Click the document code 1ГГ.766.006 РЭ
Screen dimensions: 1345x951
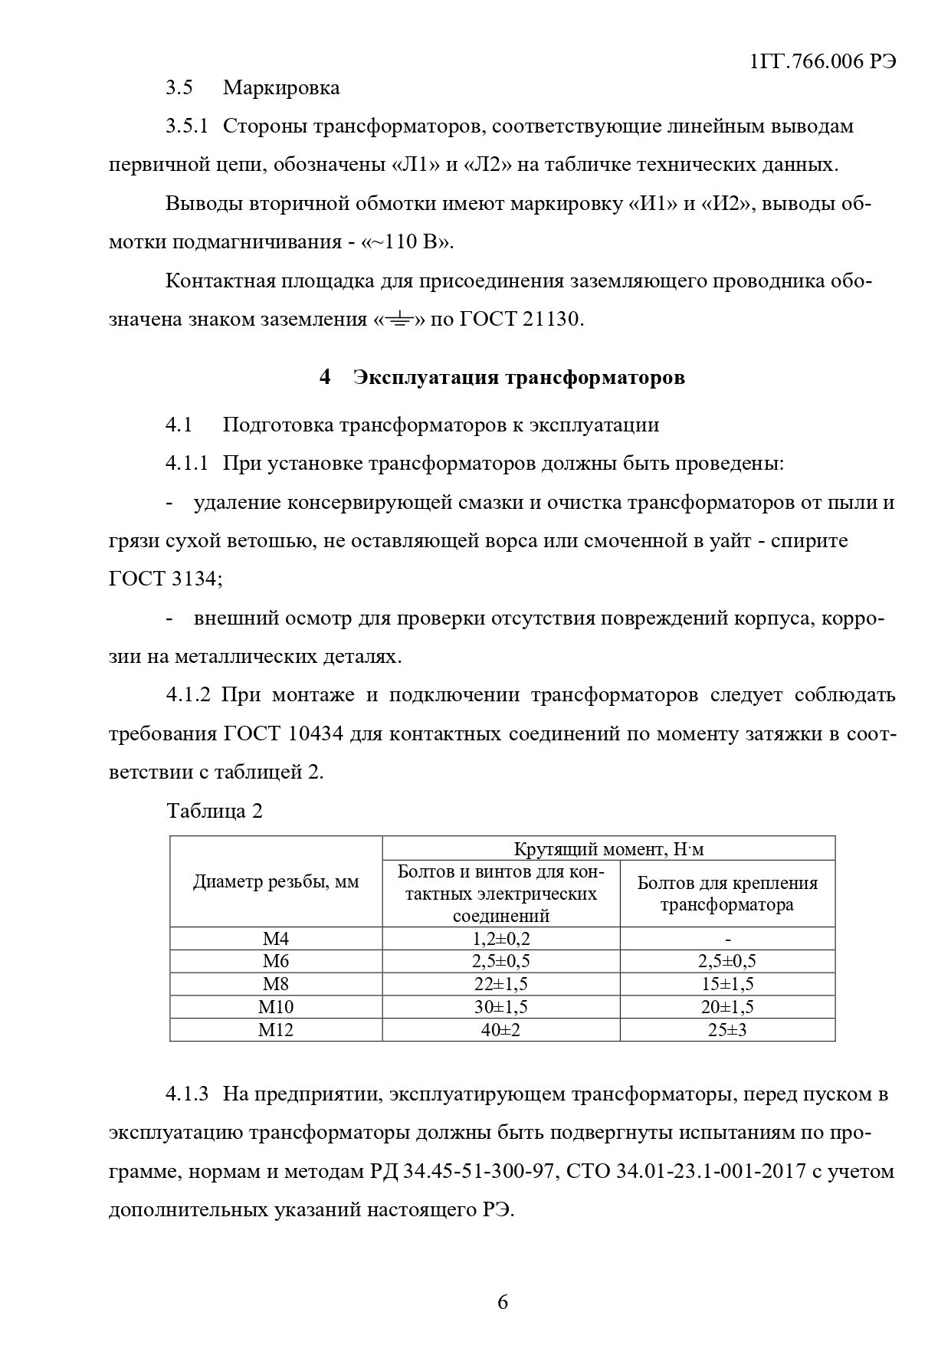pos(823,62)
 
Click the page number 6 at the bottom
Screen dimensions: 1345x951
pos(503,1302)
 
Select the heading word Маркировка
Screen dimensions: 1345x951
pos(281,87)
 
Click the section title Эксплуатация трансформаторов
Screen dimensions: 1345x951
pos(519,378)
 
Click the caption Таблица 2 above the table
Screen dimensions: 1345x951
pos(215,812)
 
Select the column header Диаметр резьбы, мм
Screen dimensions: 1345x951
pos(276,882)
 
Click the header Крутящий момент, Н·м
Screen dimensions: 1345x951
pos(608,849)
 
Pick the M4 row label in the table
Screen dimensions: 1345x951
pos(276,939)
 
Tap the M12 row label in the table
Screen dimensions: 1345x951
pos(276,1030)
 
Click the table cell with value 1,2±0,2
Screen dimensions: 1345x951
pos(501,939)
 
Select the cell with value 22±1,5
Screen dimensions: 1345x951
pos(501,984)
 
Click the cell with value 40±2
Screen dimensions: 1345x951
pos(501,1030)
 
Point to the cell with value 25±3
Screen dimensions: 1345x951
pos(727,1030)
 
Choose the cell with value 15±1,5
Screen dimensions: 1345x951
pos(727,984)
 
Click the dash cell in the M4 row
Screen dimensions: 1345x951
pos(727,939)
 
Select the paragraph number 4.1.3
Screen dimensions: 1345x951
pos(187,1094)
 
